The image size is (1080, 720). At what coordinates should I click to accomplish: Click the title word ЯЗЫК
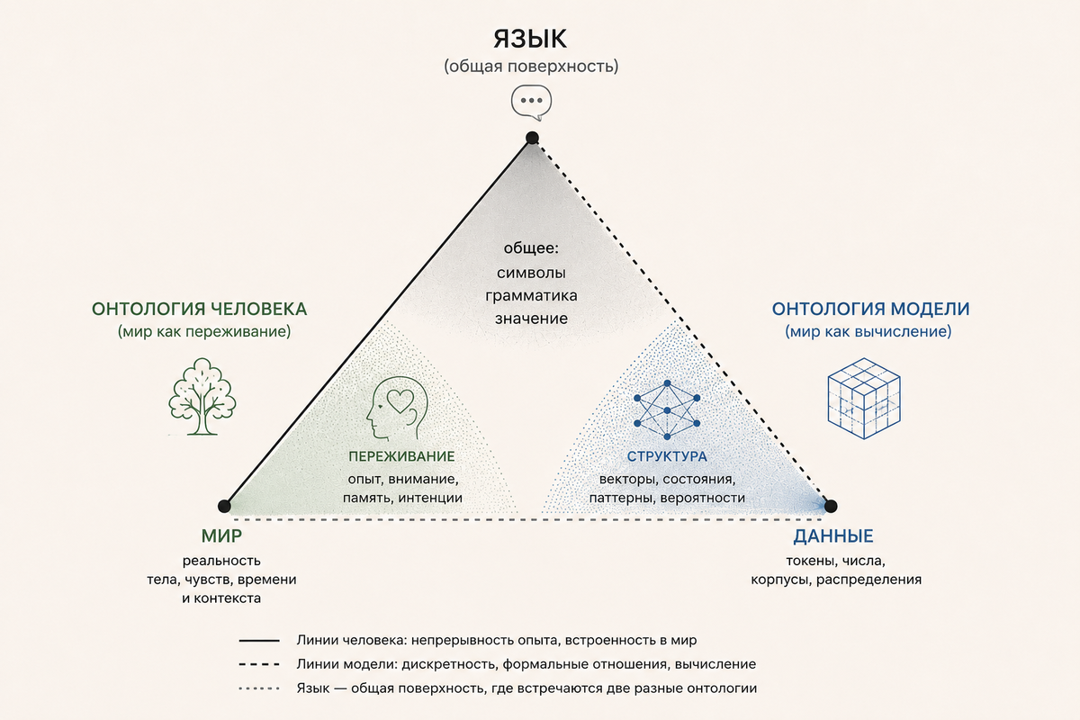(x=530, y=39)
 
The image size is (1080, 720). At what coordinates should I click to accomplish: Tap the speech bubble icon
(x=531, y=103)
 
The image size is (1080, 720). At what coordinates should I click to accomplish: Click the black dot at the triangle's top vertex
(x=532, y=138)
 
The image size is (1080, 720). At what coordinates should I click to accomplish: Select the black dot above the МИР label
(x=224, y=506)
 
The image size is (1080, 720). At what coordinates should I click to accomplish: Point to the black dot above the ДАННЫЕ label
(x=830, y=506)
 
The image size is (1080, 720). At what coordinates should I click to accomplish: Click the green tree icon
(x=202, y=396)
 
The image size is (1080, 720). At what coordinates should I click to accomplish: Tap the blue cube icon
(x=864, y=399)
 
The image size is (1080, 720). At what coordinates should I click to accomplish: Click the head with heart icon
(x=397, y=408)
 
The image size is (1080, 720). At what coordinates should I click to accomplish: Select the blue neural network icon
(x=667, y=409)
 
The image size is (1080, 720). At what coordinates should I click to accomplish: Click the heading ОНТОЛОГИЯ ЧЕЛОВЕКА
(x=199, y=309)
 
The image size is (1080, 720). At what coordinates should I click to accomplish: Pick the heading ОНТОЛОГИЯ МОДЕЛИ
(x=870, y=309)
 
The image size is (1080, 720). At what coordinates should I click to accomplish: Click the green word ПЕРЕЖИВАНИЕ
(x=401, y=456)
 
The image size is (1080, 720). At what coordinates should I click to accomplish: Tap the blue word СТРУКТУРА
(x=667, y=456)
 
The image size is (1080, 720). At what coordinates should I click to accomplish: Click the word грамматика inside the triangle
(x=531, y=295)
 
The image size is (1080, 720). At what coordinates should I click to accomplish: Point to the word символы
(x=531, y=273)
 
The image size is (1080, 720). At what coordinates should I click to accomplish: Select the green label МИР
(x=221, y=535)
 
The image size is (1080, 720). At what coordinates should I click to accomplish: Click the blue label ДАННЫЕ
(x=833, y=536)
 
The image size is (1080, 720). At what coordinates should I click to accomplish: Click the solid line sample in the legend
(x=259, y=641)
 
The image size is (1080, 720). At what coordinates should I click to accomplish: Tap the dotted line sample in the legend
(x=259, y=688)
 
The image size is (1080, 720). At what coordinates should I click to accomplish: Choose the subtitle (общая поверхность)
(x=531, y=67)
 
